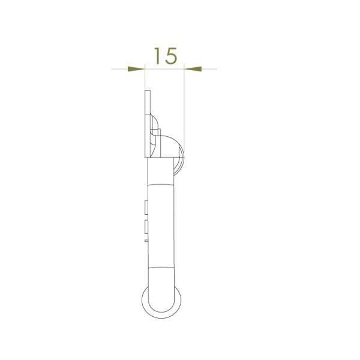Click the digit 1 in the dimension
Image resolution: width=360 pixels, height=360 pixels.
click(x=157, y=56)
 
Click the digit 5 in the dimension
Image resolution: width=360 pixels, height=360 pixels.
click(x=171, y=56)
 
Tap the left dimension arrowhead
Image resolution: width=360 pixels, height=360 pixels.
click(x=136, y=69)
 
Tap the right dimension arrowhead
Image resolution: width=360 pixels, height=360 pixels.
click(x=193, y=69)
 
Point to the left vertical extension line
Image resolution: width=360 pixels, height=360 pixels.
click(x=145, y=79)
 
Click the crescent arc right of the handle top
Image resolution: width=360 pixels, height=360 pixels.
click(x=182, y=161)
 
